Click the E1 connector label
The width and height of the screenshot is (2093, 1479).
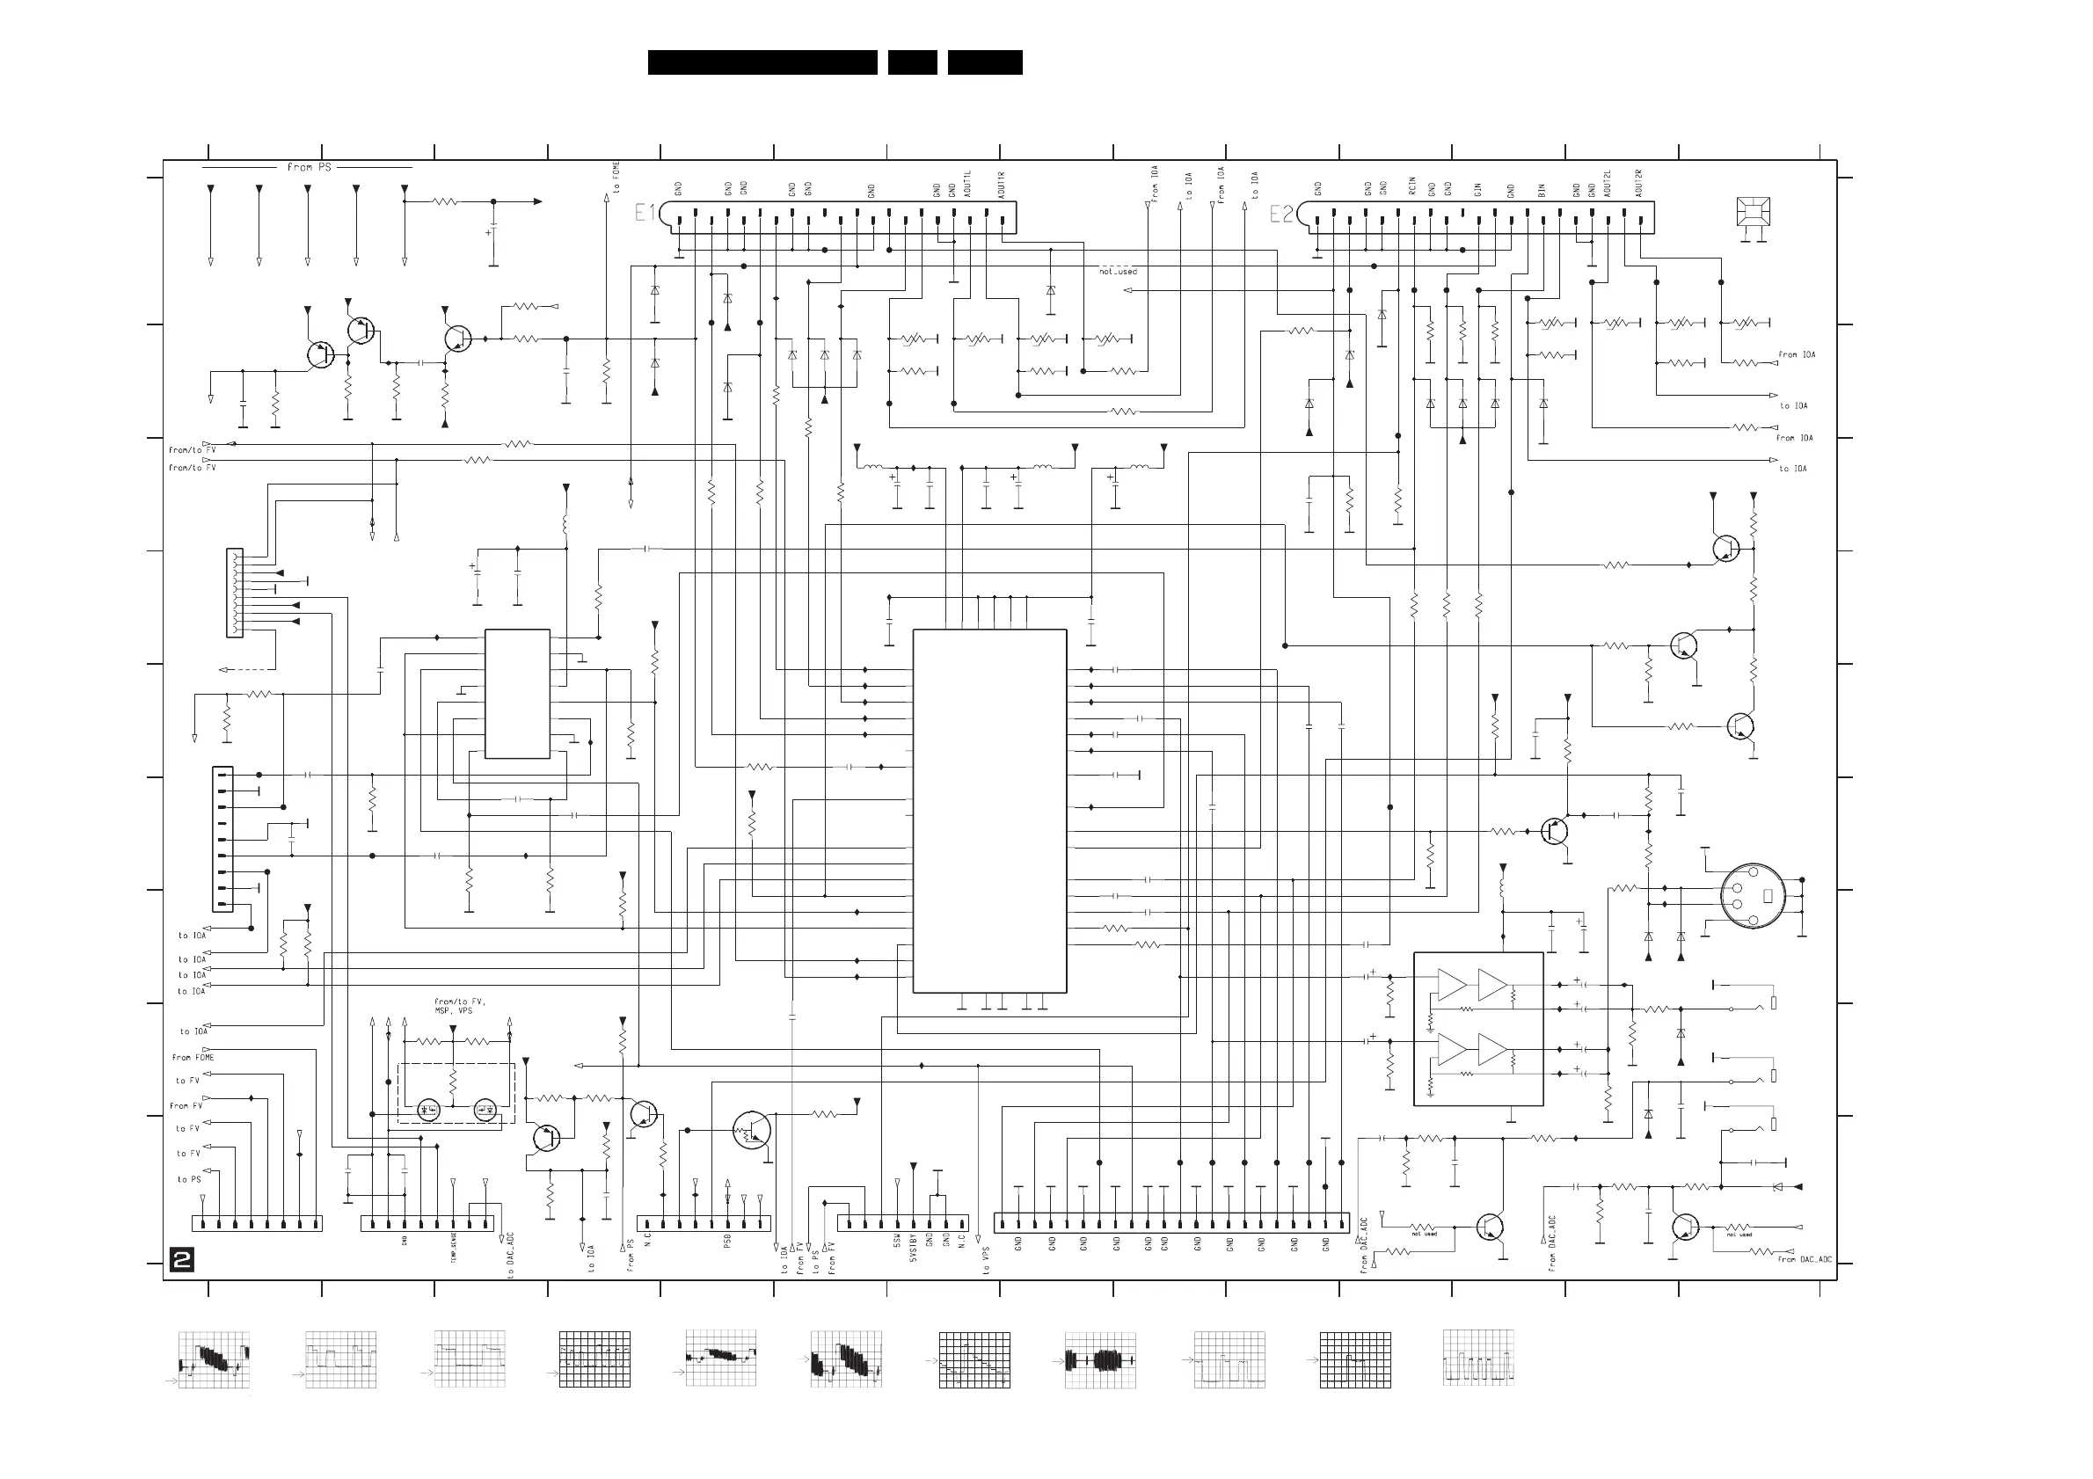pos(645,214)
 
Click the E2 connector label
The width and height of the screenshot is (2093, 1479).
pos(1280,215)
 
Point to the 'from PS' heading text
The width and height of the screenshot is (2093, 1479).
pos(310,167)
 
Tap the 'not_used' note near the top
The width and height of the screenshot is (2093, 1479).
pos(1118,272)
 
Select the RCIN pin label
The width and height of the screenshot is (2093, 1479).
pos(1412,186)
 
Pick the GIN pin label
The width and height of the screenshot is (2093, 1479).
pos(1477,190)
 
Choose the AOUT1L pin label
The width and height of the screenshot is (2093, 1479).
pos(968,183)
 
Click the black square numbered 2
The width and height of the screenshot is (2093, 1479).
pos(181,1261)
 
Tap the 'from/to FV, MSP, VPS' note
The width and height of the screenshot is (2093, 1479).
pos(460,1006)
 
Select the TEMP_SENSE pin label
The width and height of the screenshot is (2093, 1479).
pos(454,1248)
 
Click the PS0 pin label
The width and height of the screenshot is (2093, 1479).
pos(727,1242)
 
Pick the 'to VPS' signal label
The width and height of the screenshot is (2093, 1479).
pos(987,1258)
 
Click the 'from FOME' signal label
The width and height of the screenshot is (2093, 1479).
pos(193,1057)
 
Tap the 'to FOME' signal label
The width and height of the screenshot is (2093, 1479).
pos(617,178)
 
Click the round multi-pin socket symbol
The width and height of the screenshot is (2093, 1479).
pos(1752,896)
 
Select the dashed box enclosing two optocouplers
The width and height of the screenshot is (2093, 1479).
pos(456,1094)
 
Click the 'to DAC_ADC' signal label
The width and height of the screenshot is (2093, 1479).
pos(512,1255)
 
